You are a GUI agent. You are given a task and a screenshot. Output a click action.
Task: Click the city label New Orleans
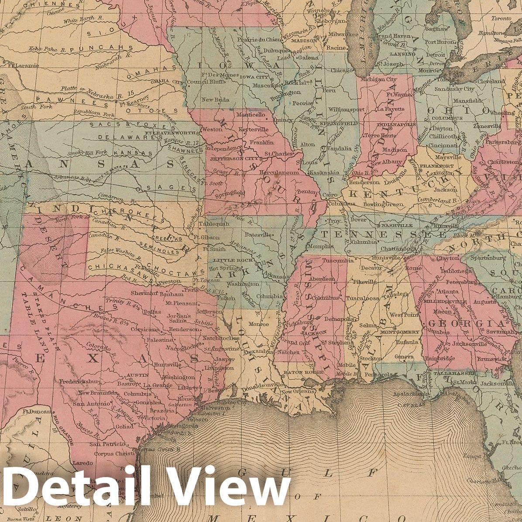(297, 391)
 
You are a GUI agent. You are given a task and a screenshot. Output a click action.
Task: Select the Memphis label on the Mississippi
(321, 247)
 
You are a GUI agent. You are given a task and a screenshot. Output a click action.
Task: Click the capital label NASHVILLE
(396, 225)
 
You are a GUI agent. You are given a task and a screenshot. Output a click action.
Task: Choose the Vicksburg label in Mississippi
(298, 325)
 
